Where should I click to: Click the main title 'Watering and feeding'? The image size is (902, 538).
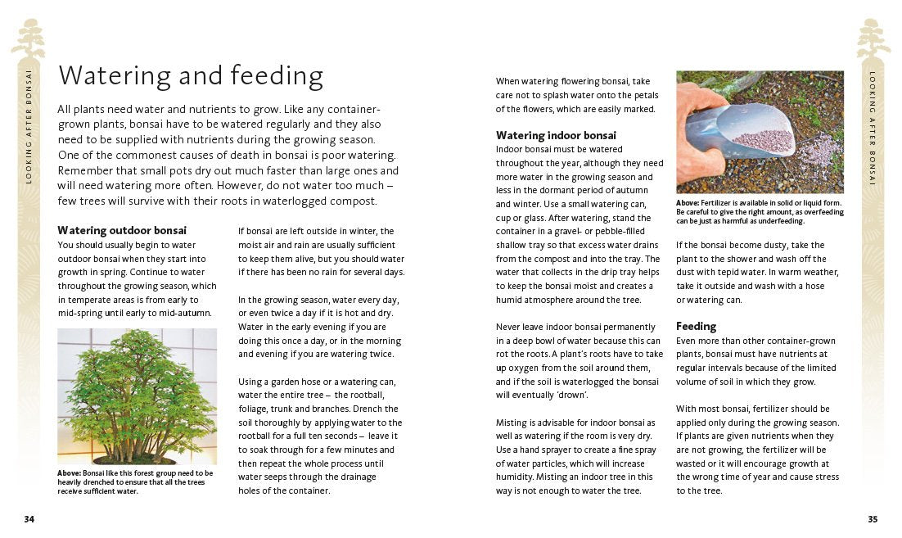[191, 76]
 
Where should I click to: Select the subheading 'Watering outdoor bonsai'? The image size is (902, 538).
[122, 230]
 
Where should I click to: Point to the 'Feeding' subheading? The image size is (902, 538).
[696, 326]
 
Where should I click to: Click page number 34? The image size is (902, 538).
[29, 519]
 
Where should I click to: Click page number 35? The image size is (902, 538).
[873, 519]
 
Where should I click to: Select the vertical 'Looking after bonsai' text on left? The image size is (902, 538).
[29, 124]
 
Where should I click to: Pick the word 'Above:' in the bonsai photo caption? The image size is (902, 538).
[69, 473]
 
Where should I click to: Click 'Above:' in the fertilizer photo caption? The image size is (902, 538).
[688, 203]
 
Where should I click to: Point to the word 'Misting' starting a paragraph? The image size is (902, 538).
[513, 423]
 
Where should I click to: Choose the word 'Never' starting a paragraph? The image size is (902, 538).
[510, 327]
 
